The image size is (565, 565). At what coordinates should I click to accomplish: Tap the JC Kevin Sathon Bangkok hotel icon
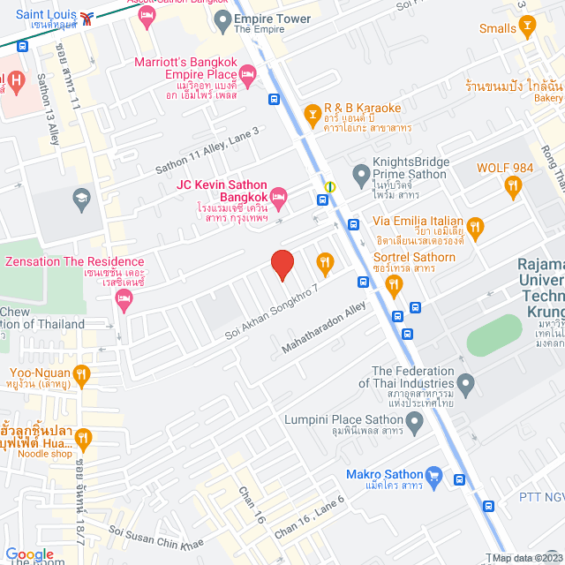click(x=279, y=195)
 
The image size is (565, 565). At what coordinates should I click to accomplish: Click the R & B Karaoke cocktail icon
click(x=311, y=113)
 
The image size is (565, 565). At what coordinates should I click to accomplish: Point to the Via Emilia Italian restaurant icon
click(x=477, y=230)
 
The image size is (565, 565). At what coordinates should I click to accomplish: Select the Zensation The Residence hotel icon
click(x=124, y=301)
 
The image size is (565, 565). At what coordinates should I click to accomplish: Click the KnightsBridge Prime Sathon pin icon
click(x=359, y=174)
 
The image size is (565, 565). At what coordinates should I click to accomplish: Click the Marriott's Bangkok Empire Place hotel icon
click(x=246, y=81)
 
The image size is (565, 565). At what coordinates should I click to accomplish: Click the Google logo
click(x=30, y=554)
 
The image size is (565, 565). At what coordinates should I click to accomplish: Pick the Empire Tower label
click(x=273, y=19)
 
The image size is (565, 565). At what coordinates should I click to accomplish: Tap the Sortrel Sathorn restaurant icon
click(x=394, y=283)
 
